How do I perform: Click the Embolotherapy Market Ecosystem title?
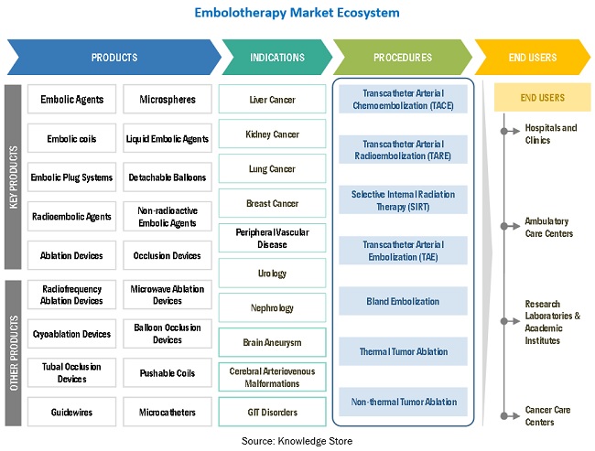[x=297, y=14]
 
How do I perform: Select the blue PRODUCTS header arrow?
[x=114, y=58]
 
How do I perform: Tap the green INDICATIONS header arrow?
[x=276, y=58]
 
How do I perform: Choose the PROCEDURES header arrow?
[x=403, y=58]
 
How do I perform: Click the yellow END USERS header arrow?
[x=532, y=58]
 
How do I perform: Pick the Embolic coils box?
[x=72, y=139]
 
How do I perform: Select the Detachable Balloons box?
[x=168, y=177]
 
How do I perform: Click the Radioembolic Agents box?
[x=72, y=217]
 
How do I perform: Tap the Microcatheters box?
[x=168, y=413]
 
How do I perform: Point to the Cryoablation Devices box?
[x=72, y=334]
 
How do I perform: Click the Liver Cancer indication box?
[x=273, y=100]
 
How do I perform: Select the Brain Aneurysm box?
[x=273, y=343]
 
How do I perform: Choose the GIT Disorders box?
[x=273, y=413]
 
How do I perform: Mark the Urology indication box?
[x=273, y=274]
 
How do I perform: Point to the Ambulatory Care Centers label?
[x=548, y=228]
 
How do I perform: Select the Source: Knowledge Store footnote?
[x=297, y=441]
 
